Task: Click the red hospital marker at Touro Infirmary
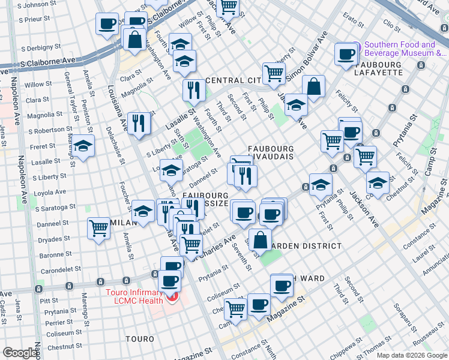pyautogui.click(x=173, y=298)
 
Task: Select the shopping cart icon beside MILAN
pyautogui.click(x=98, y=228)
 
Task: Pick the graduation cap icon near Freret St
pyautogui.click(x=83, y=146)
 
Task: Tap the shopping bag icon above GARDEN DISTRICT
pyautogui.click(x=260, y=239)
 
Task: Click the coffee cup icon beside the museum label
pyautogui.click(x=346, y=54)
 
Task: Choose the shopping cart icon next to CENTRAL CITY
pyautogui.click(x=274, y=73)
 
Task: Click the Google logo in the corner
pyautogui.click(x=20, y=353)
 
